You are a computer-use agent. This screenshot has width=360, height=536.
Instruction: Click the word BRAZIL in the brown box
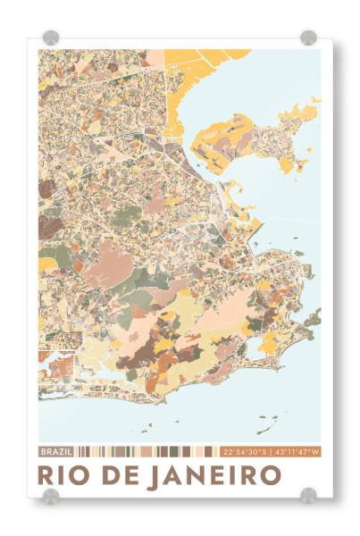pyautogui.click(x=56, y=451)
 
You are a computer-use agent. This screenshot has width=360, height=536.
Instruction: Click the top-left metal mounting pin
pyautogui.click(x=51, y=38)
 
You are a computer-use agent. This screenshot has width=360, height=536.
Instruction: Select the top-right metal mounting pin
pyautogui.click(x=308, y=38)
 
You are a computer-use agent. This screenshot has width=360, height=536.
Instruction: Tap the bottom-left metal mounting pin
pyautogui.click(x=51, y=495)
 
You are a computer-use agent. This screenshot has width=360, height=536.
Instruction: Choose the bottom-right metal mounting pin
pyautogui.click(x=308, y=495)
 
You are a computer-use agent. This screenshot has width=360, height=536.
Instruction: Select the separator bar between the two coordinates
pyautogui.click(x=272, y=451)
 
